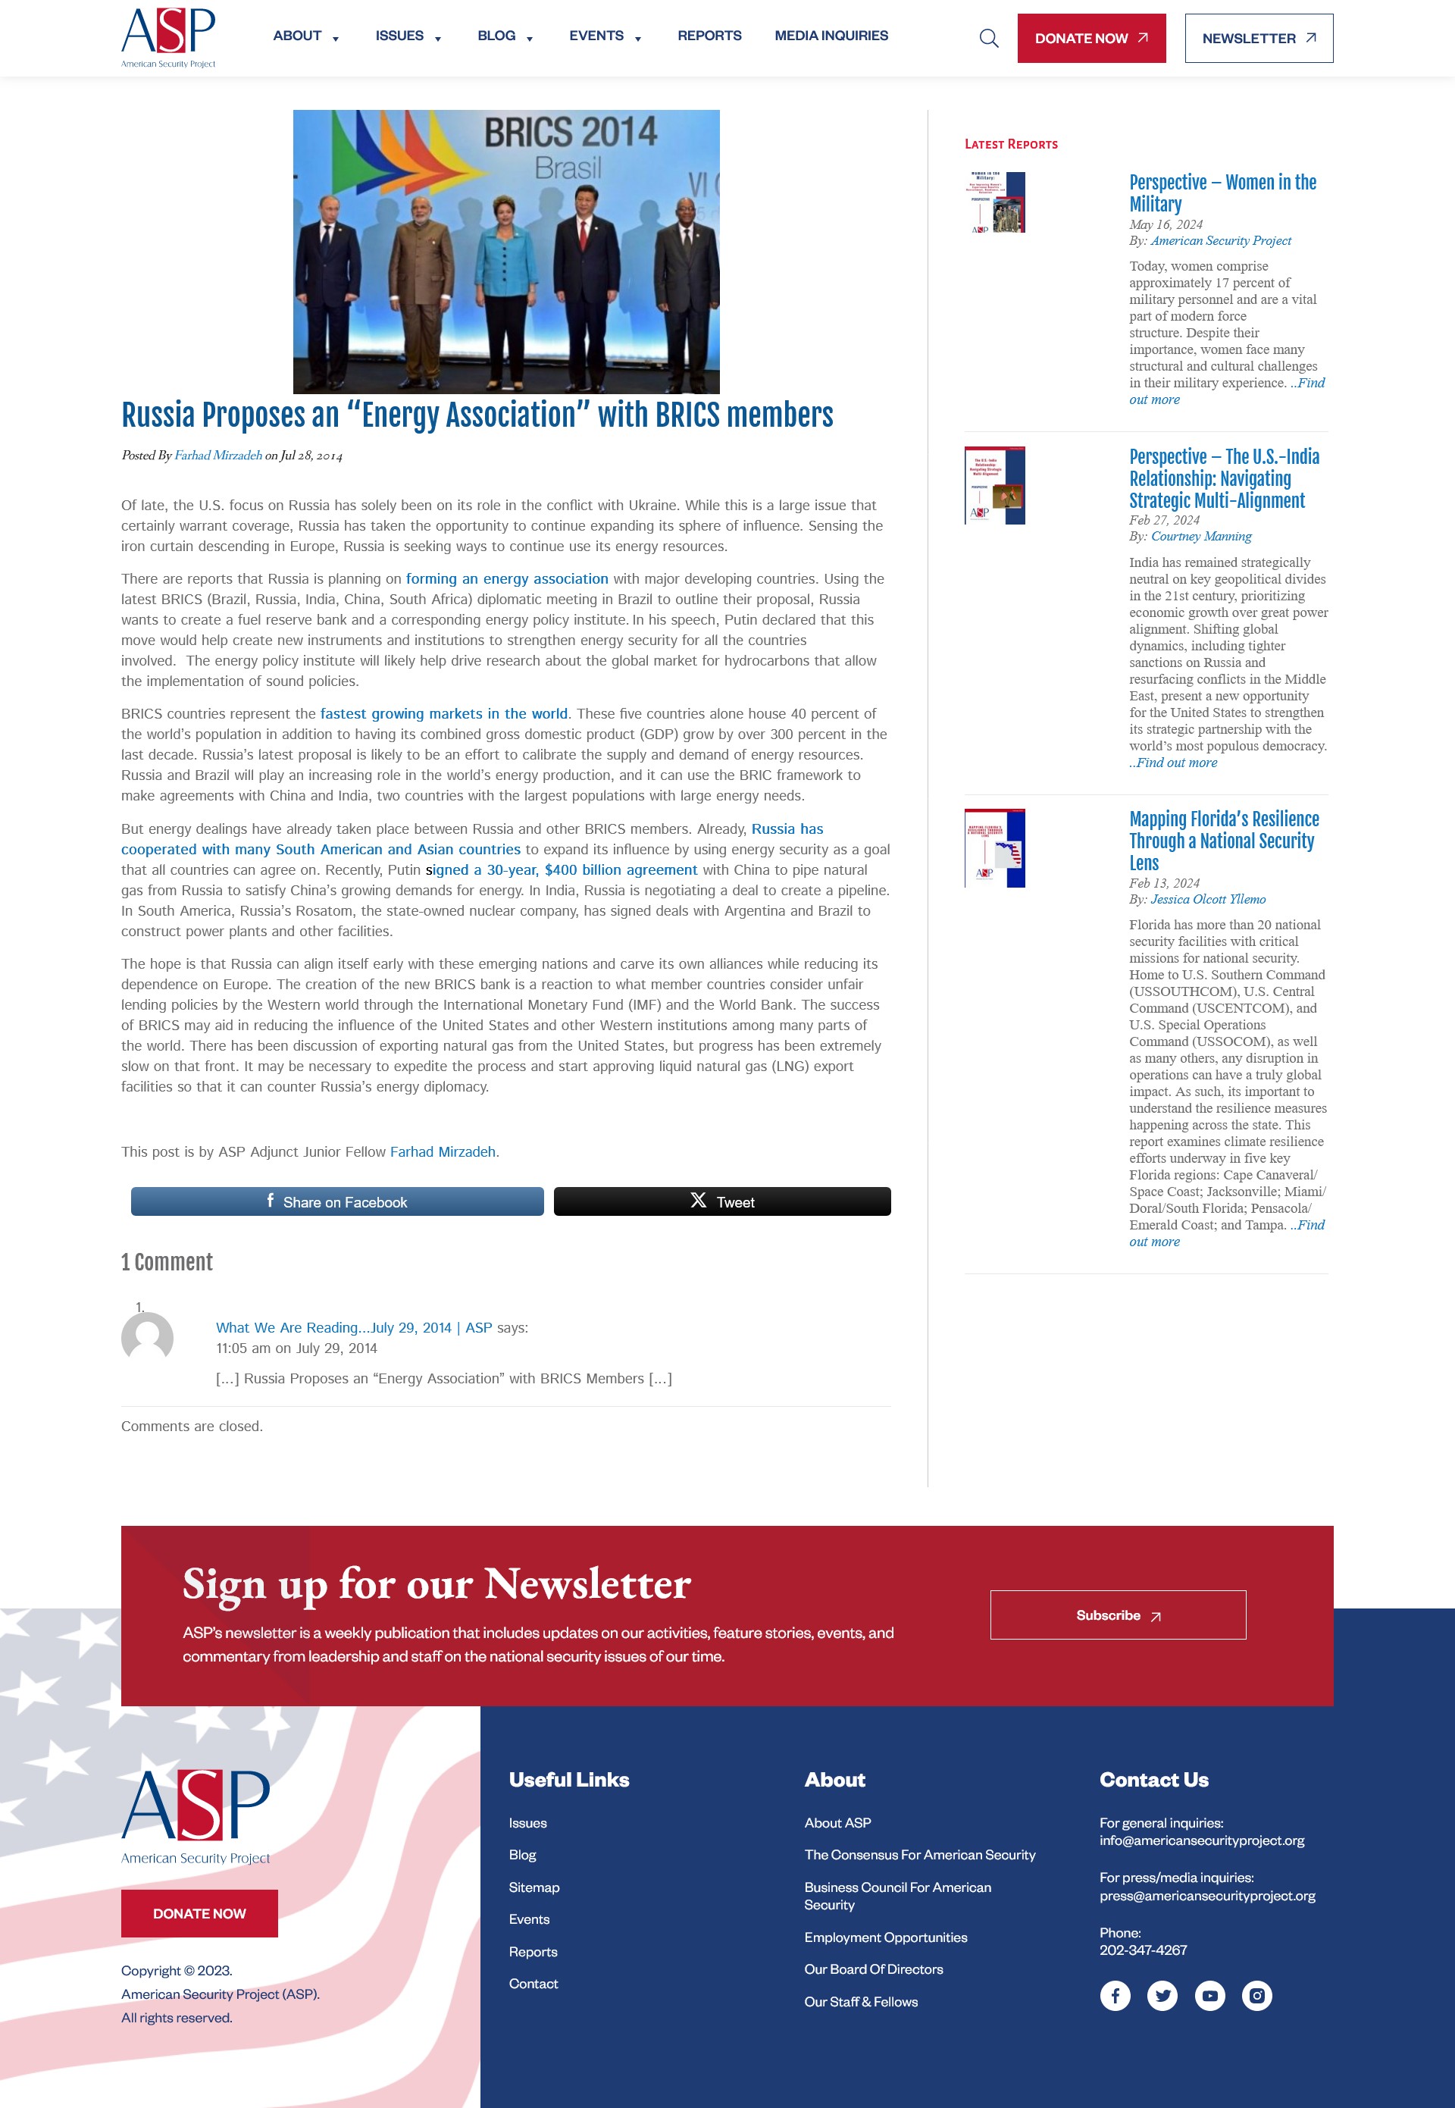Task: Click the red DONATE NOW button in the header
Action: tap(1090, 39)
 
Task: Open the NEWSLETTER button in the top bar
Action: tap(1258, 39)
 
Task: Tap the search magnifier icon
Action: tap(988, 39)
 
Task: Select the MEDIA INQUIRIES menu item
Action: tap(831, 36)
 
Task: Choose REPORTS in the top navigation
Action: tap(709, 36)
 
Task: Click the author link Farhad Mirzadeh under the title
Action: tap(218, 455)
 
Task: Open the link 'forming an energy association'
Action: tap(506, 579)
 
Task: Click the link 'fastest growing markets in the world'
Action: tap(443, 714)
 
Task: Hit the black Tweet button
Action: tap(721, 1201)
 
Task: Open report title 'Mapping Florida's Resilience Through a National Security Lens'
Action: tap(1222, 840)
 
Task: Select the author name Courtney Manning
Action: tap(1200, 536)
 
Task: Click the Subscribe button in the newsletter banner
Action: tap(1117, 1615)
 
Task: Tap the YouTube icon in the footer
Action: tap(1209, 1995)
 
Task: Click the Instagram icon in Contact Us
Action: tap(1256, 1995)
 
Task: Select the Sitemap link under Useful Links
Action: tap(533, 1887)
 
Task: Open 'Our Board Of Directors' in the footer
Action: tap(872, 1969)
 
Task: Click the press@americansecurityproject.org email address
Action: tap(1206, 1896)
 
